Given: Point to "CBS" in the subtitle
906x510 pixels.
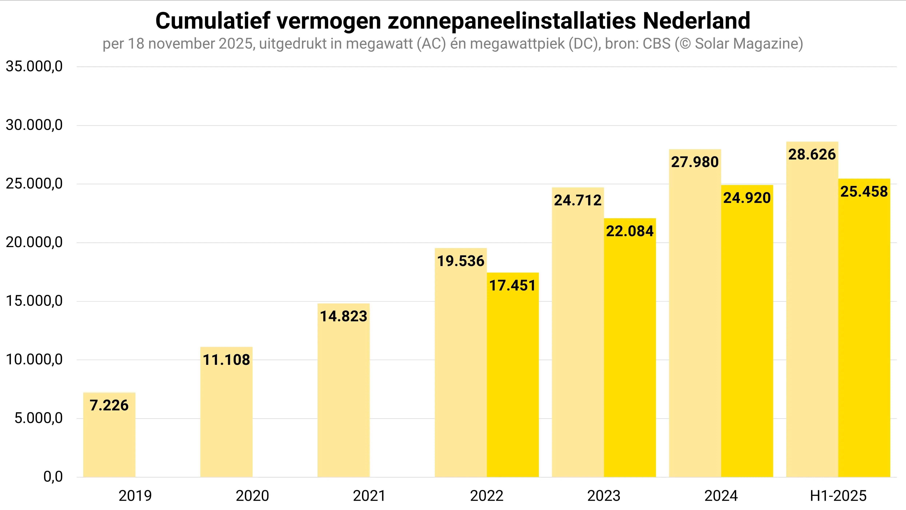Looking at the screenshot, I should [x=656, y=44].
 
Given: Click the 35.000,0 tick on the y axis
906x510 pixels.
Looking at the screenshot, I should [x=34, y=66].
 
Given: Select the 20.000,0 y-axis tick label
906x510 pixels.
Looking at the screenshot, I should [x=34, y=242].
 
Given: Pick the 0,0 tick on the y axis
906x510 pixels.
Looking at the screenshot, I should [x=53, y=477].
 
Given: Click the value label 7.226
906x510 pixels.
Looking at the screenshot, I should [x=109, y=405].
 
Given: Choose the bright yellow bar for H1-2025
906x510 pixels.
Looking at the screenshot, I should [x=864, y=334].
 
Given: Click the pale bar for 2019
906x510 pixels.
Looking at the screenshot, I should [x=109, y=443].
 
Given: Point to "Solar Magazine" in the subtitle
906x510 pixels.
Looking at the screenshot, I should [x=746, y=44].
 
